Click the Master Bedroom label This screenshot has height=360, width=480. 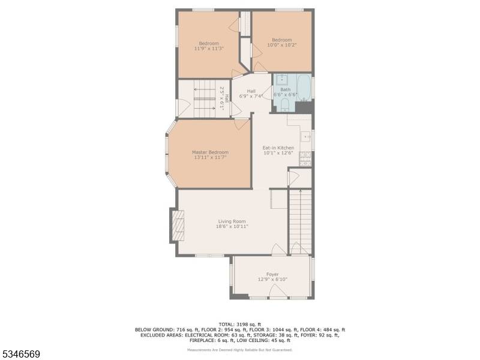pos(210,152)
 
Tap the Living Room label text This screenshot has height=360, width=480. pos(232,221)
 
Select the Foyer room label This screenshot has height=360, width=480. pos(272,274)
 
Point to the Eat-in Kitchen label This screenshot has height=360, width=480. pos(278,148)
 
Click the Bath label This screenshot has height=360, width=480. pos(285,89)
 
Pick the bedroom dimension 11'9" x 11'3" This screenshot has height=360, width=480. pos(209,49)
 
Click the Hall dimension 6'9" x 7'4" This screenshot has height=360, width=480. pos(251,96)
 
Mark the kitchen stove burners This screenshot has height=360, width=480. pos(305,158)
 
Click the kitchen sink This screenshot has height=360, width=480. pos(306,137)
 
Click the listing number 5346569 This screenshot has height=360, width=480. pos(21,355)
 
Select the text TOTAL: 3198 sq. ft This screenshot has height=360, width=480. pos(240,324)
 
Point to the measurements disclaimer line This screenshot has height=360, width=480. pos(240,349)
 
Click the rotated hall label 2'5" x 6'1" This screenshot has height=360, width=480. pos(224,97)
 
